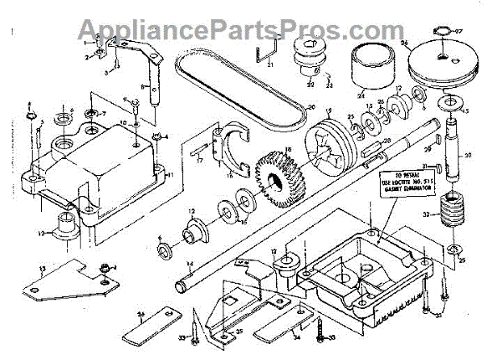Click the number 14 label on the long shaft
coord(190,266)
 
